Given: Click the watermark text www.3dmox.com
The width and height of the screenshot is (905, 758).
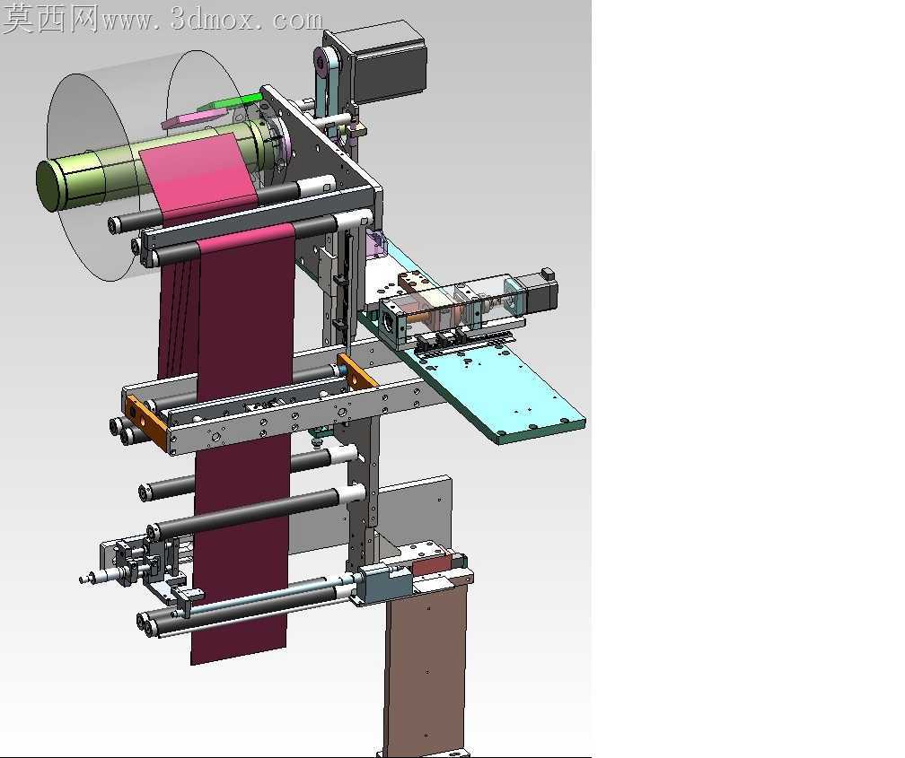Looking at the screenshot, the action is (212, 21).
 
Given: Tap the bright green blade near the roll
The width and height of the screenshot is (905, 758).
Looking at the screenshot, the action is (230, 102).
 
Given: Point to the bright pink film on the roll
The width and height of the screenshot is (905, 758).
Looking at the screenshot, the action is (198, 172).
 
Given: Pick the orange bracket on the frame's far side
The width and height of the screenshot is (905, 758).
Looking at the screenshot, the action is (358, 370).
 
